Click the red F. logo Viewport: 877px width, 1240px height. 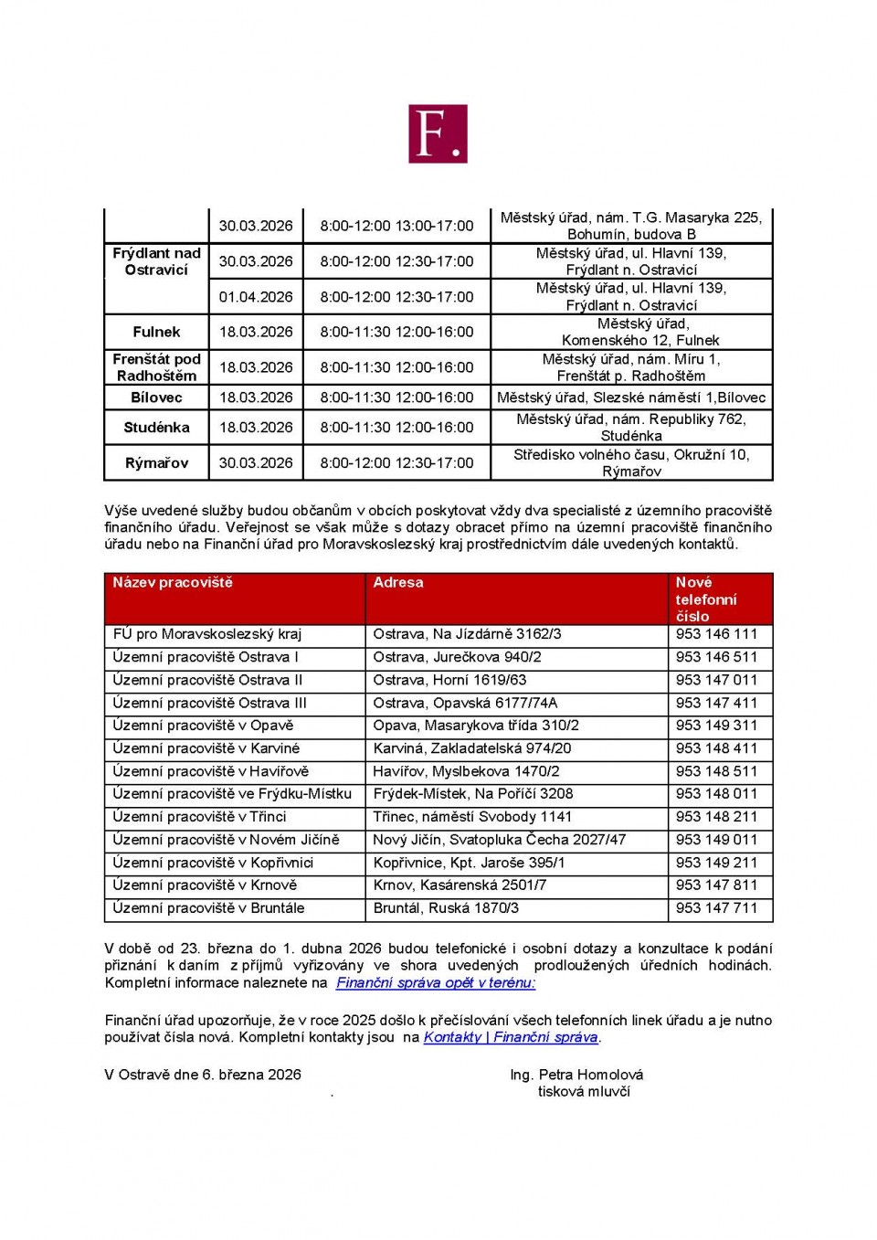438,133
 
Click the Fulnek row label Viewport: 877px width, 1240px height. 156,332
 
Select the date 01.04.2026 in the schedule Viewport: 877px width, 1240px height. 256,297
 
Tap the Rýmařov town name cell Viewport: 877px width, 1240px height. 156,462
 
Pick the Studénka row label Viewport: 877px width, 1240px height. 156,427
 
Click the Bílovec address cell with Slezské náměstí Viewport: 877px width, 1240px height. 631,397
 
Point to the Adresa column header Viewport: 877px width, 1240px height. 398,583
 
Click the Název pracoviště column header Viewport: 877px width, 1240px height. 173,583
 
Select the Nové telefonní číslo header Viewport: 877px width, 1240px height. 705,599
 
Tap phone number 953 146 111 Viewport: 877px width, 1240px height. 716,634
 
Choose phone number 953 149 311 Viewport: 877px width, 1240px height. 716,726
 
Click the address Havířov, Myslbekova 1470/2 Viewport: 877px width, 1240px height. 466,771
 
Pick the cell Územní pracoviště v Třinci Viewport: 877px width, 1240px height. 199,817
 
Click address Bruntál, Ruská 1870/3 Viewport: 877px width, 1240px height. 446,908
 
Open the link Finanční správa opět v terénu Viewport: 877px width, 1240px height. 435,983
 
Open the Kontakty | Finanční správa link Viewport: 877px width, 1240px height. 511,1037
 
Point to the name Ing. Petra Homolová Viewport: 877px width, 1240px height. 576,1075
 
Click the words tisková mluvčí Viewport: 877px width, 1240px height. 584,1092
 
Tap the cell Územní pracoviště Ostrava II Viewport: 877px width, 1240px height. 207,680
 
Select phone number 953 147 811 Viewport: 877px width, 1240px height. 716,885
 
